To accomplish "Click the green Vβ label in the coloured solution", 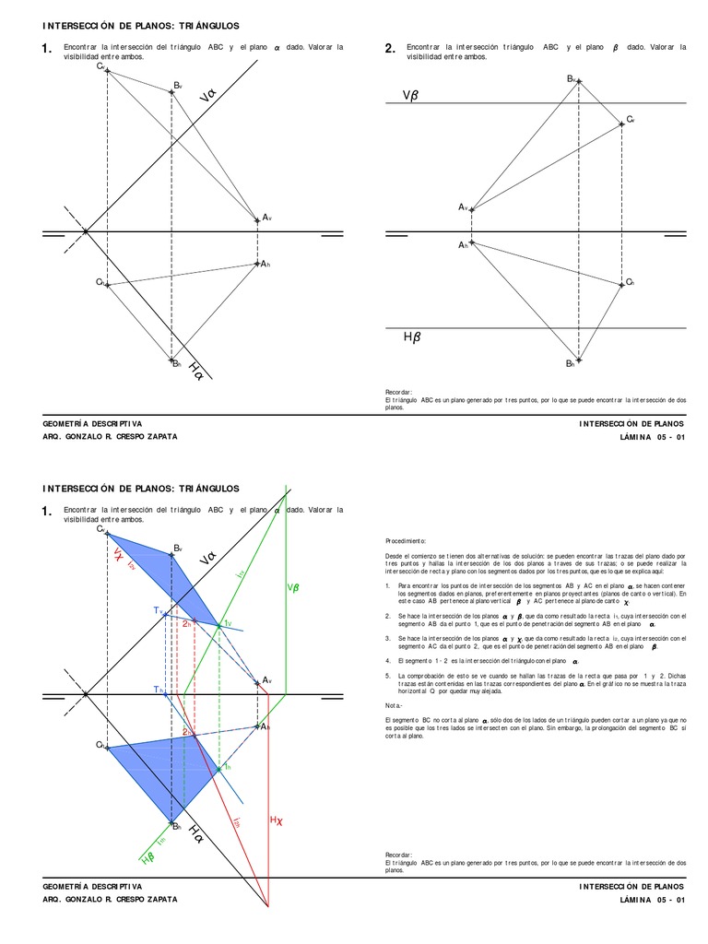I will (293, 588).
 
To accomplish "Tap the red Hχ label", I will (275, 820).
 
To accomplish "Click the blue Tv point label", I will (158, 610).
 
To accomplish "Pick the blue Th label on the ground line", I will (158, 689).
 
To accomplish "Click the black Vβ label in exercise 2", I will (410, 96).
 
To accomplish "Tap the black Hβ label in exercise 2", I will (411, 338).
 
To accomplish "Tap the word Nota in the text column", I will (393, 703).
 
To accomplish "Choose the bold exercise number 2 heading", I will (390, 49).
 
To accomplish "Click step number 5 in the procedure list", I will (389, 675).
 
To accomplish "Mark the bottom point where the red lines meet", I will (267, 908).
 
